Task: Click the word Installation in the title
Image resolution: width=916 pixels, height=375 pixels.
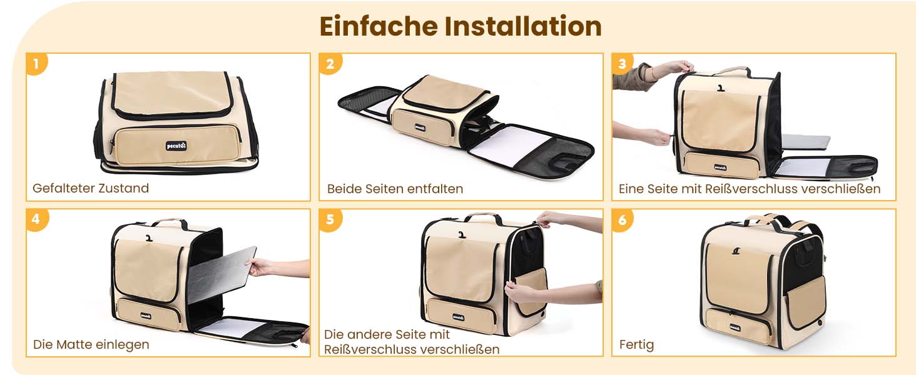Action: [523, 26]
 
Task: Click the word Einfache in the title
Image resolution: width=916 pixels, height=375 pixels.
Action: [379, 26]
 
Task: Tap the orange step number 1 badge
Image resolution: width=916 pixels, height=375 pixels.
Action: [37, 64]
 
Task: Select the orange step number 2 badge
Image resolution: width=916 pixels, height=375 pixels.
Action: [330, 64]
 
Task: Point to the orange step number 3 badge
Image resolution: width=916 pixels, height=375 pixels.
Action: [623, 64]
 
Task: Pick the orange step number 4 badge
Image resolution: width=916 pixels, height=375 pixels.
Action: [37, 220]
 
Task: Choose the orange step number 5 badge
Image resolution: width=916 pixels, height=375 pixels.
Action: [330, 220]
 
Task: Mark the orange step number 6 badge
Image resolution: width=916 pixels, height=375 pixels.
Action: [623, 220]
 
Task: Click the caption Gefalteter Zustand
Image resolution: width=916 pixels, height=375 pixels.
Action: [91, 188]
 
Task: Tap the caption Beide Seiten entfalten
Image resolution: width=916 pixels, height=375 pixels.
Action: [395, 189]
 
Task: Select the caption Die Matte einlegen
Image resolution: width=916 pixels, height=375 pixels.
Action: [91, 344]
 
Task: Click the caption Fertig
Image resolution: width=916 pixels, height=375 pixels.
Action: [637, 345]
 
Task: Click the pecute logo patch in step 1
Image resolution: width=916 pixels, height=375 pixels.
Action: [176, 146]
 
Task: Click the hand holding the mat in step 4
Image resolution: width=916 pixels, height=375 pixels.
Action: [262, 267]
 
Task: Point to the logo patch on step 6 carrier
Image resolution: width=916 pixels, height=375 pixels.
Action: [735, 327]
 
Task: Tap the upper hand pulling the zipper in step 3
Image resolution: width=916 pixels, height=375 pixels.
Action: [674, 67]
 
